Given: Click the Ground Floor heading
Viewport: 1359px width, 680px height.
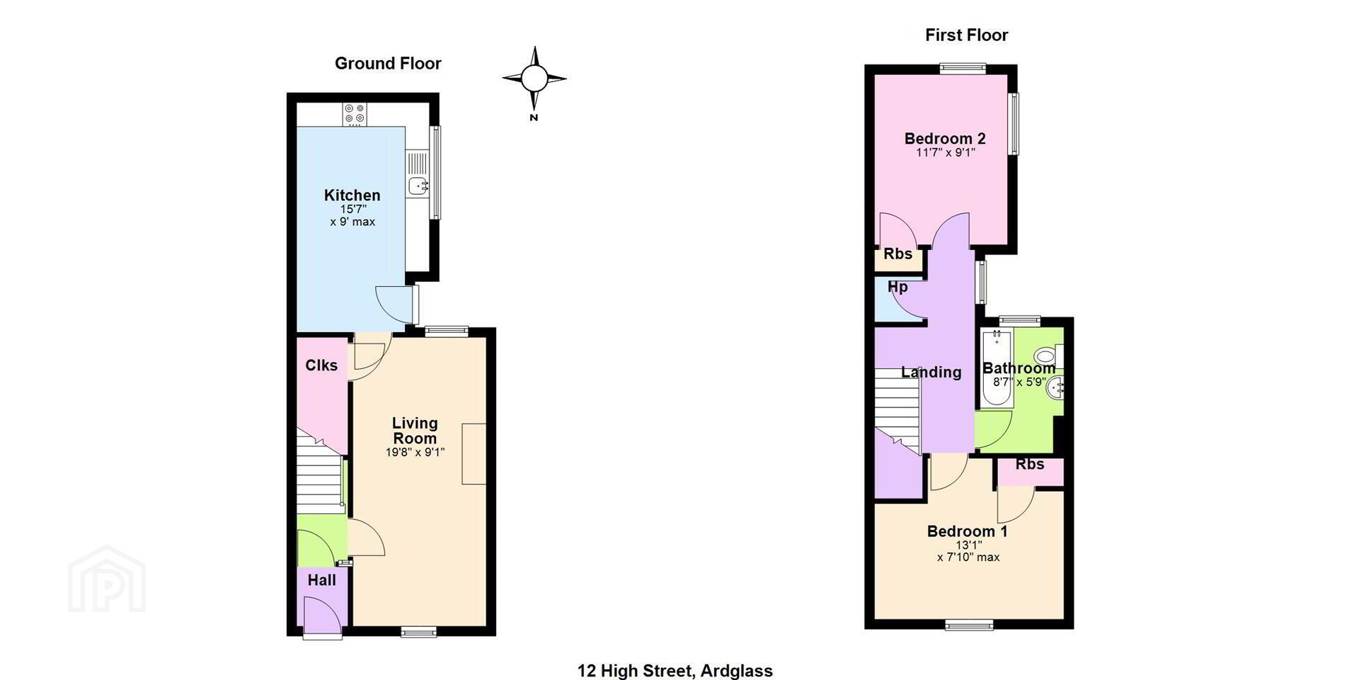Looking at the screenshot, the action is tap(388, 64).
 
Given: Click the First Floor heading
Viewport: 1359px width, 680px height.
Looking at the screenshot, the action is tap(966, 35).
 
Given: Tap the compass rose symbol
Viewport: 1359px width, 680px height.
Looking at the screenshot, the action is tap(534, 78).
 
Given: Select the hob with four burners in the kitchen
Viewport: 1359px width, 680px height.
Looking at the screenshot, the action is tap(354, 114).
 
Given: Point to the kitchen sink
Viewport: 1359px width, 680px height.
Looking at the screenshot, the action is tap(418, 186).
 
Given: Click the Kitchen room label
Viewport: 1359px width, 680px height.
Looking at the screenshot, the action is tap(352, 195).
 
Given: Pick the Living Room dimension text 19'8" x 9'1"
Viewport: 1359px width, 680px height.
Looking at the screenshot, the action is tap(415, 453).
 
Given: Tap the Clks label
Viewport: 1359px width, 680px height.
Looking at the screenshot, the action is tap(321, 365).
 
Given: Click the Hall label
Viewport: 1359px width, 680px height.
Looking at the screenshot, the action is tap(321, 580).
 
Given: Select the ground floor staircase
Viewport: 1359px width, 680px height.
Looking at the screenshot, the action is tap(320, 474).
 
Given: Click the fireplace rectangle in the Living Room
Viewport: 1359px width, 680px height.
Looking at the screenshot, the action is tap(474, 454).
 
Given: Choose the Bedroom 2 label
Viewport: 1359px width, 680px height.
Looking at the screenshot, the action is tap(945, 139).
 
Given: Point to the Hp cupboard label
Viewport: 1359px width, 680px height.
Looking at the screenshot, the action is tap(898, 287).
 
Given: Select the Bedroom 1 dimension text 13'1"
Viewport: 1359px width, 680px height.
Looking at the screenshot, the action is tap(968, 545).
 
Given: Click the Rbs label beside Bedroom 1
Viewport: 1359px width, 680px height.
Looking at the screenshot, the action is tap(1030, 465).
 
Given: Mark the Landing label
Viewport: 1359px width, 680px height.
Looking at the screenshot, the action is tap(931, 373).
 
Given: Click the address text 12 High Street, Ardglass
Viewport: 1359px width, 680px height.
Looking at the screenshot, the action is tap(675, 670).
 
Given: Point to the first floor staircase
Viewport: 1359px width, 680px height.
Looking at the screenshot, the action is tap(897, 411).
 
